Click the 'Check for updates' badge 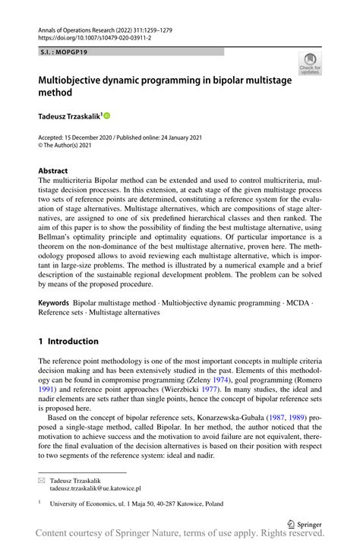[309, 64]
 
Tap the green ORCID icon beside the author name [106, 115]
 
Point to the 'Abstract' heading [53, 171]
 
